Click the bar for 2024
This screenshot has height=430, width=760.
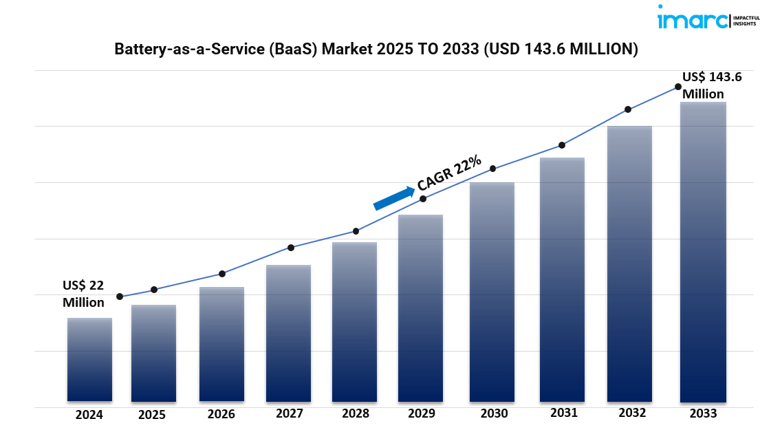89,359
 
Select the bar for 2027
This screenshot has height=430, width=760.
288,333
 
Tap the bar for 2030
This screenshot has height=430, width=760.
492,292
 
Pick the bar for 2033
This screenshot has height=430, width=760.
703,252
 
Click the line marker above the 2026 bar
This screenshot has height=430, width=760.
221,274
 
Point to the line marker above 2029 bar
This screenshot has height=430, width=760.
423,199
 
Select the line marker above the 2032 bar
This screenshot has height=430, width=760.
628,109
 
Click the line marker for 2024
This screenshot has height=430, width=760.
120,297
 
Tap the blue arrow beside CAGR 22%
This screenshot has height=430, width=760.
393,197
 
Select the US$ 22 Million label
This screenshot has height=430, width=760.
83,294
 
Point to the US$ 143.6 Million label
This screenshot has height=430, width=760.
711,85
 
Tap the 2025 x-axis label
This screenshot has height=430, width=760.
152,415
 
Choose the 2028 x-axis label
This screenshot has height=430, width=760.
355,413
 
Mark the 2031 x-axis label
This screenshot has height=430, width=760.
564,413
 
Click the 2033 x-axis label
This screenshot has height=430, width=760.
702,413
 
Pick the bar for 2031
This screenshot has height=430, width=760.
562,279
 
